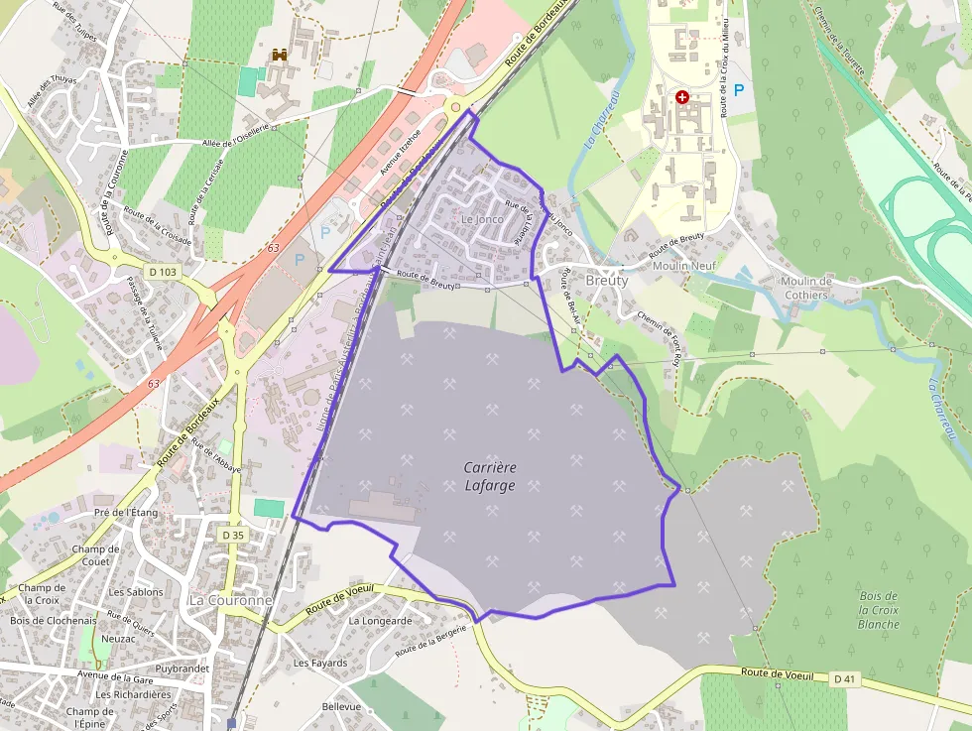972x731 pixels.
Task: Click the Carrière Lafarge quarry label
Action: coord(490,476)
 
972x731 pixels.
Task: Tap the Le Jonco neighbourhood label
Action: coord(482,218)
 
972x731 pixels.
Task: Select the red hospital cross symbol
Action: coord(682,97)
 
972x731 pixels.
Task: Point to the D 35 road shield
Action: coord(233,535)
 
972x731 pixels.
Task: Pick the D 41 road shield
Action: coord(844,678)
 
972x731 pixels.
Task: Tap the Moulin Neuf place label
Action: coord(684,267)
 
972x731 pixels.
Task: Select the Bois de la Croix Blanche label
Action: coord(879,609)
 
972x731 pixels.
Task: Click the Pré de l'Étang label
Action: coord(126,513)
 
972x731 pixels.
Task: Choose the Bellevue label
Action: coord(341,706)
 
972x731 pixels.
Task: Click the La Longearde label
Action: coord(380,621)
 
